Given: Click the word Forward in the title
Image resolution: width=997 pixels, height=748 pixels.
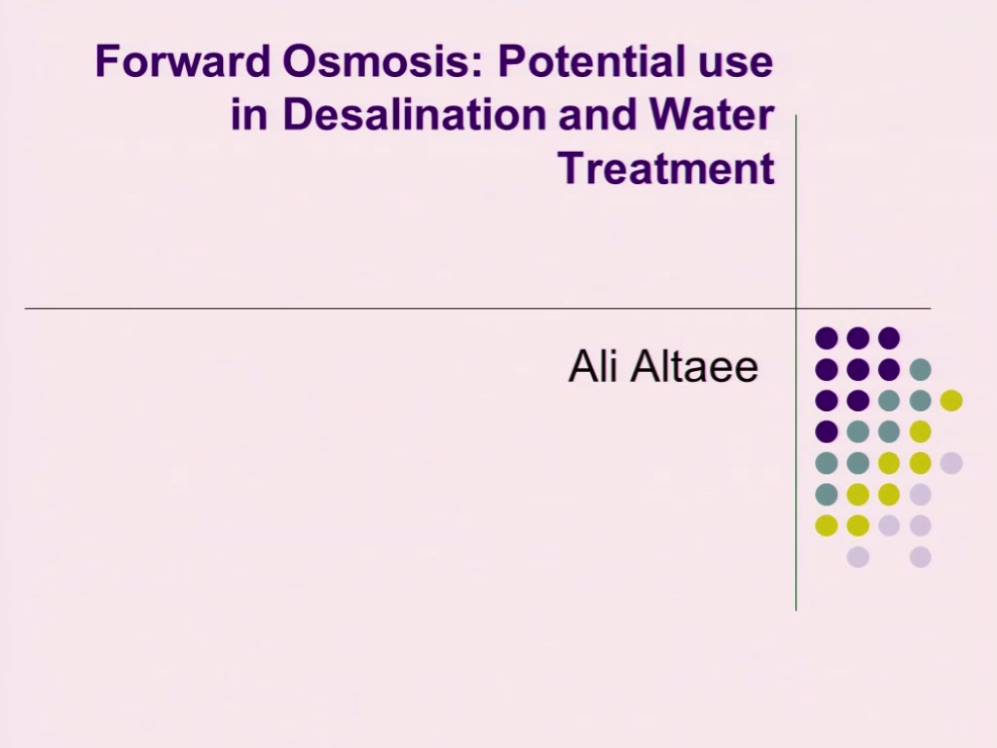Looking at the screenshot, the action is (x=182, y=61).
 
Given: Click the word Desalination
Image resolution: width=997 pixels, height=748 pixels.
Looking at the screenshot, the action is (x=414, y=115).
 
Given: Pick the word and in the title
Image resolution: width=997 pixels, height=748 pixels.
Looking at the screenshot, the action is (x=598, y=115).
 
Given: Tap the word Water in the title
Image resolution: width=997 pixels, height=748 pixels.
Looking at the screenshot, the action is (x=712, y=115).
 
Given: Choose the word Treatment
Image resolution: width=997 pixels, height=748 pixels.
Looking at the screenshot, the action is (x=666, y=168).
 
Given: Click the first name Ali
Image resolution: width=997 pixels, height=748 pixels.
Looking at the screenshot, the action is (x=593, y=366).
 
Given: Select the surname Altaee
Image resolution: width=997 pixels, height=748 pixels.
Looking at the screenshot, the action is (x=694, y=366).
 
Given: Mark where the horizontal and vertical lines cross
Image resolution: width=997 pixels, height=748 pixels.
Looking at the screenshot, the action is (x=796, y=309).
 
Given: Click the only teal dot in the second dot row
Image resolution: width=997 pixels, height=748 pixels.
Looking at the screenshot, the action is (x=920, y=369).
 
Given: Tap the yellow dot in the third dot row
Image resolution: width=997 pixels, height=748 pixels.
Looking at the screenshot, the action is (x=951, y=400).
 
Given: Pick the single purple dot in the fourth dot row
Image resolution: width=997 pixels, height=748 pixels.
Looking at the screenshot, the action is (x=827, y=431).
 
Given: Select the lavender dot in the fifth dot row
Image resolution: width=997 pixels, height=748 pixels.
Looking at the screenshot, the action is (x=951, y=463).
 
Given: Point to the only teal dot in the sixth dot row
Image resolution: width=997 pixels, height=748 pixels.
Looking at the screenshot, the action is (x=827, y=494).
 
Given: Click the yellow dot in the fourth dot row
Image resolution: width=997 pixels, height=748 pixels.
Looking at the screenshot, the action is (x=920, y=431).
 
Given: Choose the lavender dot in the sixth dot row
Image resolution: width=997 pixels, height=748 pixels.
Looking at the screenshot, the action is (x=920, y=494).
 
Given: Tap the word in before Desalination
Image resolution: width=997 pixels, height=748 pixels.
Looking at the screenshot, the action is (x=248, y=115).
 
